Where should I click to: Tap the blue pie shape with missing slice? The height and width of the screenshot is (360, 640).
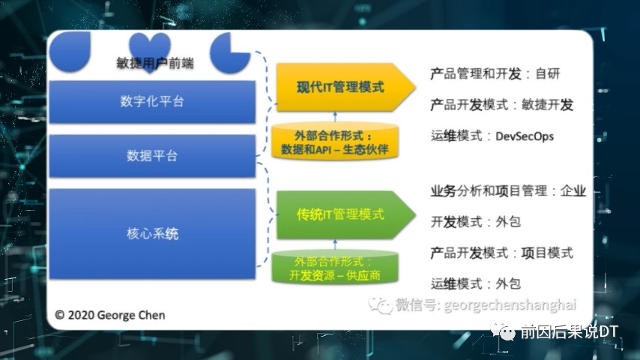point(230,52)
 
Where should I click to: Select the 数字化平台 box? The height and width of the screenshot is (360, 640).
point(152,101)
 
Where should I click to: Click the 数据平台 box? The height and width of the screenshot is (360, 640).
point(152,156)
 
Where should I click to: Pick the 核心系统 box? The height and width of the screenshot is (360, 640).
point(152,234)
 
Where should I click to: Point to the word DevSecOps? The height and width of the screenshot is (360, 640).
point(525,136)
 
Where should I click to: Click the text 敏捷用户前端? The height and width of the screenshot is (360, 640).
point(155,64)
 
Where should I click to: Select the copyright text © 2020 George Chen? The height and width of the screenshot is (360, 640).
point(110,315)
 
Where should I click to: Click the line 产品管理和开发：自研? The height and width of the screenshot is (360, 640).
point(495,73)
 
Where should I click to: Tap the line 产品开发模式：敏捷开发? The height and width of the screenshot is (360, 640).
point(502,105)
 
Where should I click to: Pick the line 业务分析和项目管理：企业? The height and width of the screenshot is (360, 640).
point(508,190)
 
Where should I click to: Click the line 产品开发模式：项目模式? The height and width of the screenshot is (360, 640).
point(502,253)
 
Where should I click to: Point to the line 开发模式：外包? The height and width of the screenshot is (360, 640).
point(476,222)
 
